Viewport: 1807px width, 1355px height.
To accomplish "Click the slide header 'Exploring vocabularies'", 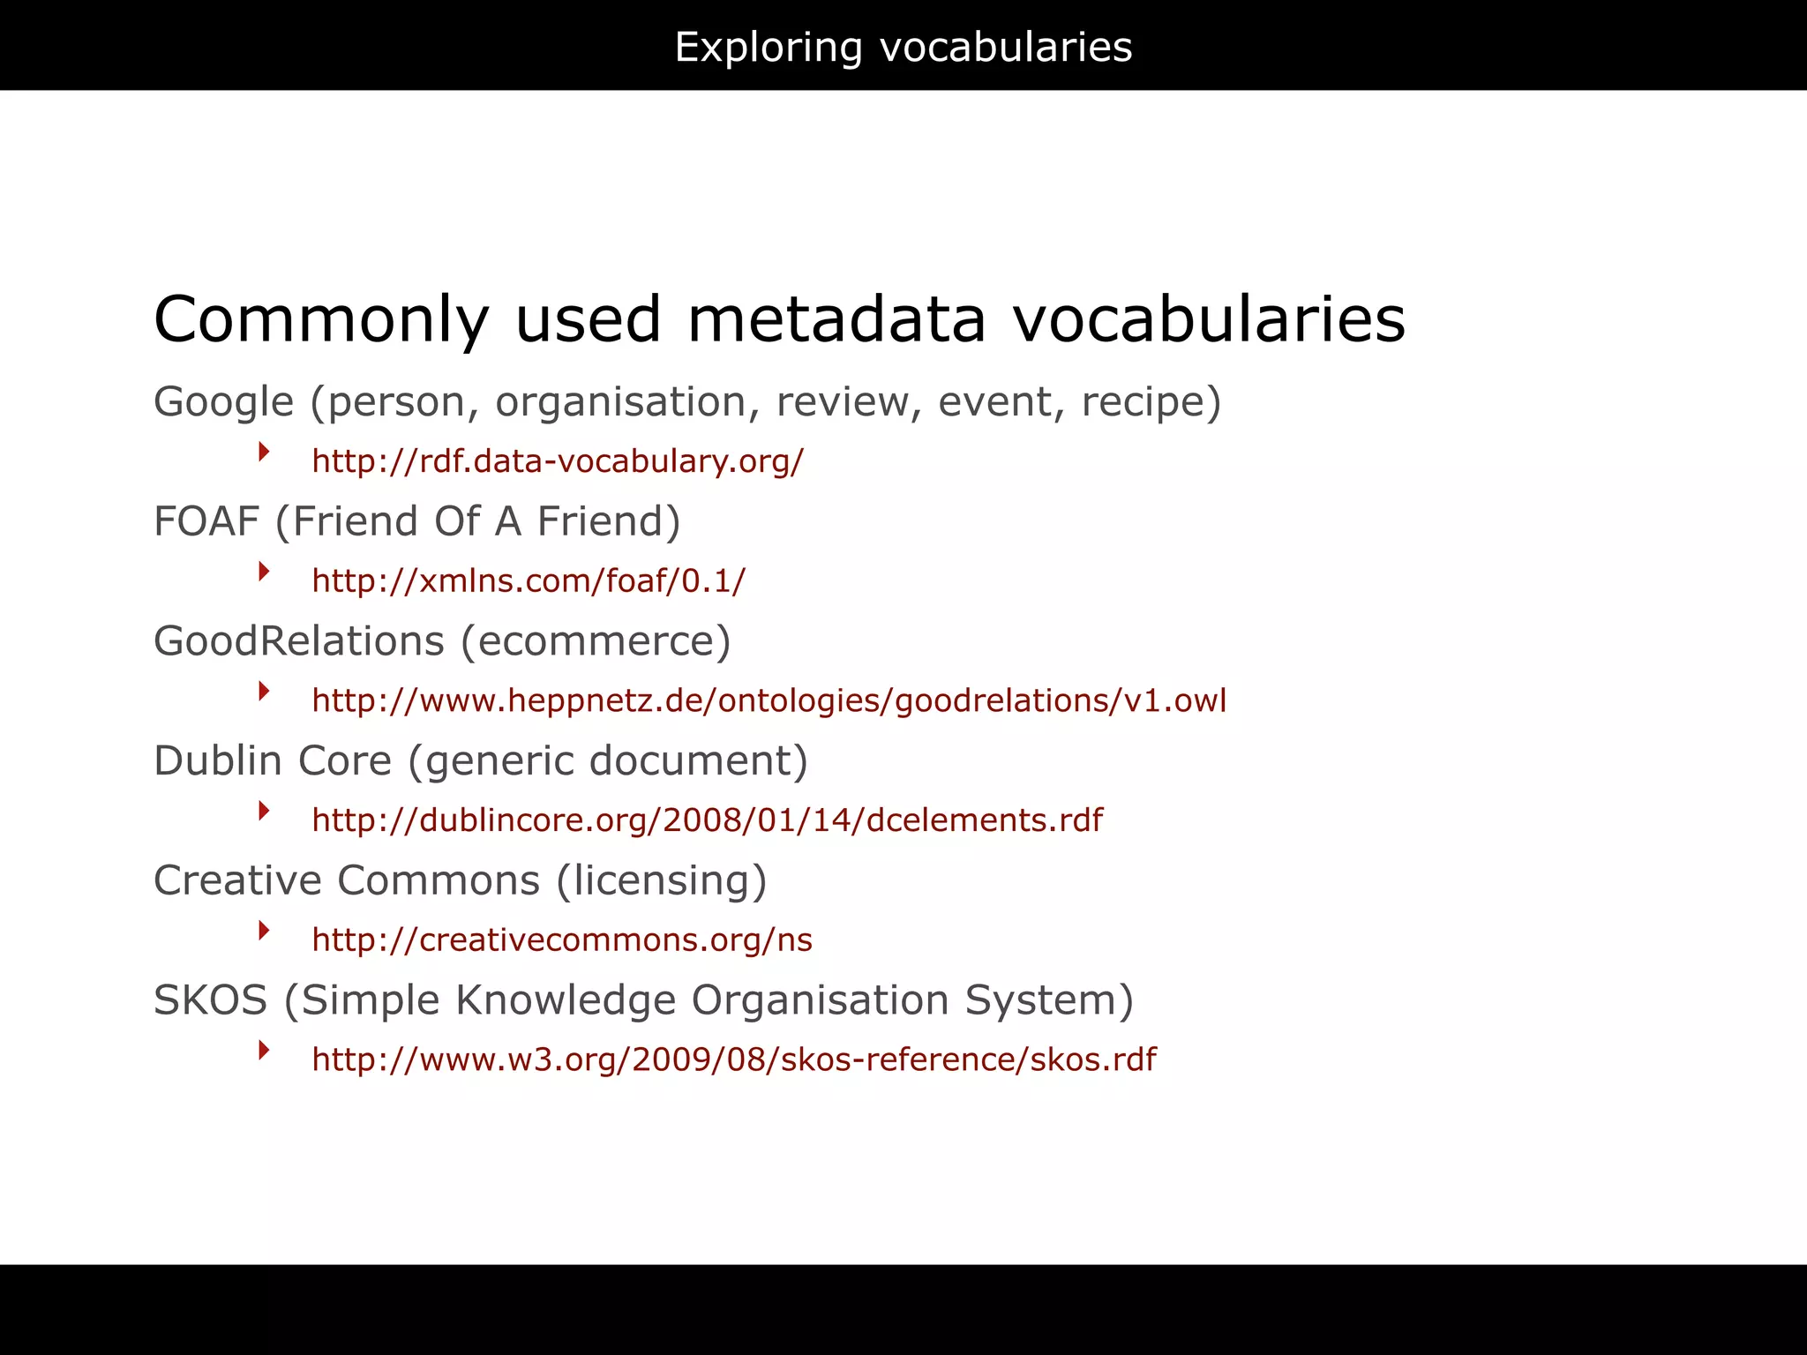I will [903, 47].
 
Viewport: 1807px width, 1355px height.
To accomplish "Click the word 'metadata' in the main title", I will [836, 318].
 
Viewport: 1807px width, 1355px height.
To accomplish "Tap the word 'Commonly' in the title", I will [321, 320].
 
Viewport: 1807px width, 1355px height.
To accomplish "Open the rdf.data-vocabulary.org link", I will [558, 461].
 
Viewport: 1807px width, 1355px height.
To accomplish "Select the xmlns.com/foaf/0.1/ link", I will [529, 580].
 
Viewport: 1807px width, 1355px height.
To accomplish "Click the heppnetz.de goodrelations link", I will [769, 700].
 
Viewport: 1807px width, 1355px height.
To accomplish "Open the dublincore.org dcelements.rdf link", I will [707, 820].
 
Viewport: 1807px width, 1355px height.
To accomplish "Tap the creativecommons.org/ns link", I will [562, 940].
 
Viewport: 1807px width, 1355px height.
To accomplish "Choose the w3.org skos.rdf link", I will [733, 1059].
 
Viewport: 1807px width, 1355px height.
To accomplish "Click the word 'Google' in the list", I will [223, 403].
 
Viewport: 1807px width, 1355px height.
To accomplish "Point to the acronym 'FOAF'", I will [206, 521].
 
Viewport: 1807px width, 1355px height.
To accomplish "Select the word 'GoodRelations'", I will [298, 641].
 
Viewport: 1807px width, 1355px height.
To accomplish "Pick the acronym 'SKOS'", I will [210, 1000].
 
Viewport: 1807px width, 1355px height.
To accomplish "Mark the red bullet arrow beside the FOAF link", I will [264, 572].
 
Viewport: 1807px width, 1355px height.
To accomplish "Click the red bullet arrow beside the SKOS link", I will [264, 1050].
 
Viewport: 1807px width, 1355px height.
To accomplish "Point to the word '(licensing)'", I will [662, 881].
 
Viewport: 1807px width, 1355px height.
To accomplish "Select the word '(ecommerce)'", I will [597, 641].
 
